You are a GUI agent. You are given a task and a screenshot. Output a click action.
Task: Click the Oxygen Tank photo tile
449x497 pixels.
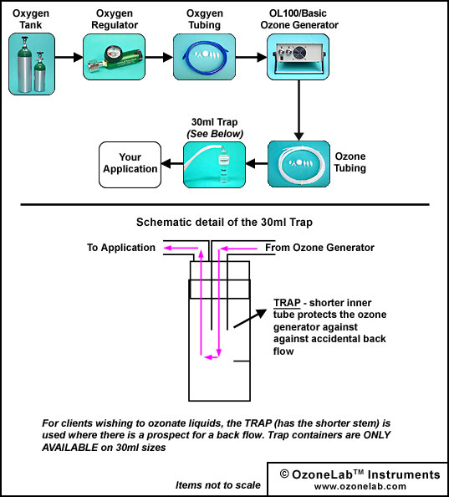tap(32, 64)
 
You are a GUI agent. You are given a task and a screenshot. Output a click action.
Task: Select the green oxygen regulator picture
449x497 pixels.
tap(114, 57)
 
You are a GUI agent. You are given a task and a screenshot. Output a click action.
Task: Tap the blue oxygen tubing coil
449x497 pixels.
tap(204, 57)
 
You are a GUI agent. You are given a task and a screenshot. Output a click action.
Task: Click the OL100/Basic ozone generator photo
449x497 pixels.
tap(298, 57)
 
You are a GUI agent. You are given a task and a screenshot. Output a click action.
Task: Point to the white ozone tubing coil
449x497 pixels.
tap(298, 164)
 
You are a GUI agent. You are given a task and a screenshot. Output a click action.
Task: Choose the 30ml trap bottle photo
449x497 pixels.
tap(214, 165)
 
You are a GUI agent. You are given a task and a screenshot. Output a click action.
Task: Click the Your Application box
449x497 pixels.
tap(130, 165)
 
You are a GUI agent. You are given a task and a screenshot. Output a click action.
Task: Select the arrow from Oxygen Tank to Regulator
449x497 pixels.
tap(69, 57)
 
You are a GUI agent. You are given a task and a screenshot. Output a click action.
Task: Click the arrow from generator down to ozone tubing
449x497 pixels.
tap(298, 110)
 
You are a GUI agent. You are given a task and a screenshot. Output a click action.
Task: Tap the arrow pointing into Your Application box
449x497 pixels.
tap(172, 164)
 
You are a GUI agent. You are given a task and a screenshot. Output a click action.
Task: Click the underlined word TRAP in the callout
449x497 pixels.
tap(287, 303)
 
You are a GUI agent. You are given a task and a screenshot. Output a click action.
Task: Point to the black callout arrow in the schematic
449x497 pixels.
tap(250, 318)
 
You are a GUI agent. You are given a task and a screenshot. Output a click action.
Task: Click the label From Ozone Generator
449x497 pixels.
tap(319, 248)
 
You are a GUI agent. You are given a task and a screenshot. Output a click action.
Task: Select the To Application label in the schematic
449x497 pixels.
tap(121, 248)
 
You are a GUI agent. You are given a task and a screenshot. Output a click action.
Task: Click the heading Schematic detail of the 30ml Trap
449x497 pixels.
tap(224, 223)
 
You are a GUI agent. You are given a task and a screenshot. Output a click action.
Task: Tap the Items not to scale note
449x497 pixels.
tap(218, 485)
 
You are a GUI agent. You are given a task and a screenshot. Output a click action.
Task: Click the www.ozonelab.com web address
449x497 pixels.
tap(360, 486)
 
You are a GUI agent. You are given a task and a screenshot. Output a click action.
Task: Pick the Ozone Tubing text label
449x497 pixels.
tap(350, 162)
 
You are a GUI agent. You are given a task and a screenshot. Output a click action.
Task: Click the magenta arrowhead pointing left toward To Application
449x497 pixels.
tap(168, 248)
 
